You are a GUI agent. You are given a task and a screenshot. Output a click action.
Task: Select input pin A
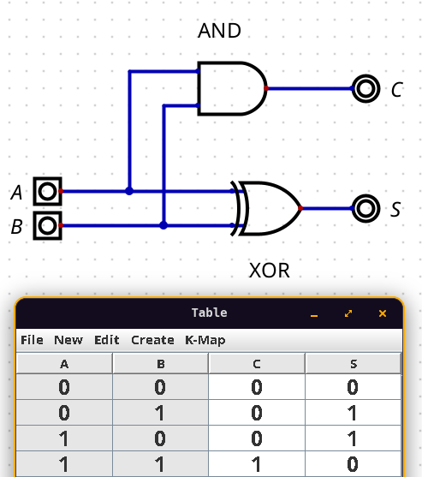point(47,191)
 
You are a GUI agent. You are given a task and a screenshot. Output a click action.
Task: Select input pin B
point(47,226)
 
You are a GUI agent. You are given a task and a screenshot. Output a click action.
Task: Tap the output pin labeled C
point(366,88)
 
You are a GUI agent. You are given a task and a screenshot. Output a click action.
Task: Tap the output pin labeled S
point(366,208)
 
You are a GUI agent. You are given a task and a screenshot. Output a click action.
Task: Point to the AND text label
point(219,31)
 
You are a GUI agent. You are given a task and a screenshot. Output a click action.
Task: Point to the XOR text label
point(270,271)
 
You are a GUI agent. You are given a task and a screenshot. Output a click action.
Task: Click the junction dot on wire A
point(129,191)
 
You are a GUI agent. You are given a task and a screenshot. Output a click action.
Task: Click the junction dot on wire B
point(163,225)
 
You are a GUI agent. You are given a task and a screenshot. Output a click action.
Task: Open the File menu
point(32,340)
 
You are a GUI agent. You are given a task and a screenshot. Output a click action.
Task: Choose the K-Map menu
point(205,341)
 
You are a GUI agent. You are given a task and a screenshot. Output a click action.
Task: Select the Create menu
point(152,340)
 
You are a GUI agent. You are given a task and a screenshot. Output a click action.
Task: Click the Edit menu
point(107,340)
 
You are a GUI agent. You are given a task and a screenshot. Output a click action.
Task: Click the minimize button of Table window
point(314,314)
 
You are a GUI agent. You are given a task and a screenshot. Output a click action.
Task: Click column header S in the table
point(354,364)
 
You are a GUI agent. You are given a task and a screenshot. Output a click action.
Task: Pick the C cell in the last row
point(257,464)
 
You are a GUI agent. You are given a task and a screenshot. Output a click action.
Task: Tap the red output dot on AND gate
point(266,88)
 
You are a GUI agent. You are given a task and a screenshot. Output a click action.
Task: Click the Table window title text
point(210,313)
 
